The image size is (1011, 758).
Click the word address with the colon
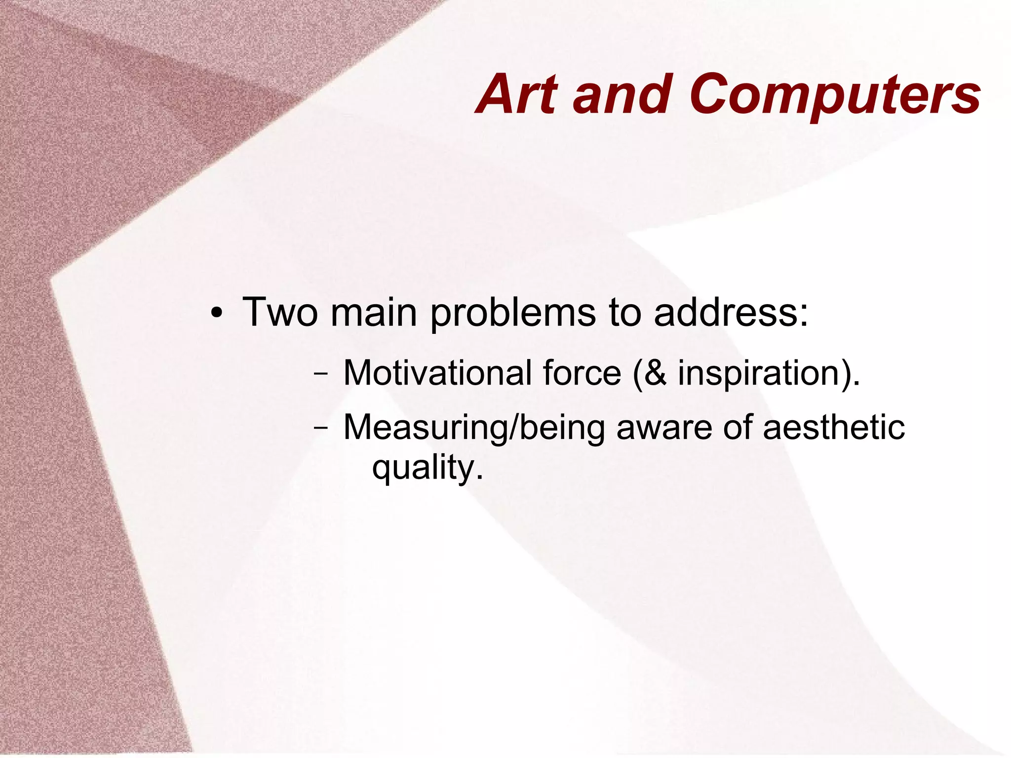[731, 312]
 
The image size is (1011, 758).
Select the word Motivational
[437, 373]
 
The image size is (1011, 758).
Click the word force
[582, 373]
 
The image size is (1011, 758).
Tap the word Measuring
[425, 428]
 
